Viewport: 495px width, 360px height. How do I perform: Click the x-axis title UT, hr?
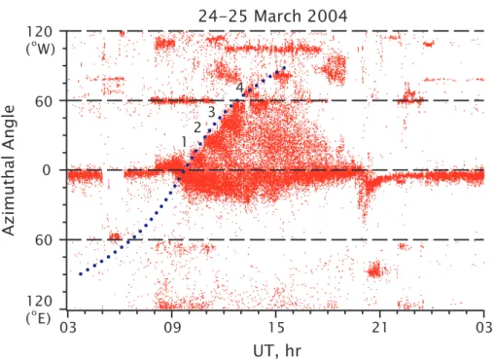click(x=277, y=350)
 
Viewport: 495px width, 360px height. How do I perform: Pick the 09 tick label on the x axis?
click(x=172, y=327)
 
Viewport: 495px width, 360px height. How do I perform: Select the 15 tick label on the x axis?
click(x=276, y=327)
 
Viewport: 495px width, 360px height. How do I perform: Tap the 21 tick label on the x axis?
click(x=379, y=327)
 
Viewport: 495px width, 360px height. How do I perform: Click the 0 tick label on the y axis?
click(x=48, y=170)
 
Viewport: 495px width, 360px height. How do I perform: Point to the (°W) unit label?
click(x=41, y=49)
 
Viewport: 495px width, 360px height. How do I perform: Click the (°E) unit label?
click(x=39, y=318)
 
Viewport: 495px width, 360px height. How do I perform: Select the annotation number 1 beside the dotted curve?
click(x=184, y=142)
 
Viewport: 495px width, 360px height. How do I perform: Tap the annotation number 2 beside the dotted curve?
click(x=197, y=127)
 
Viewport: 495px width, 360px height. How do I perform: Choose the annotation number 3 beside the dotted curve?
click(x=211, y=112)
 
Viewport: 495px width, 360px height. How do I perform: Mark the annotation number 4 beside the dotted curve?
click(x=239, y=88)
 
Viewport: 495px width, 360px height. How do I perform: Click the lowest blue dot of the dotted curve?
click(x=81, y=274)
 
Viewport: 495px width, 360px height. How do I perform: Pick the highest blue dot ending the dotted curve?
click(x=284, y=68)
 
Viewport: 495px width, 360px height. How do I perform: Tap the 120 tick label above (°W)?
click(x=39, y=32)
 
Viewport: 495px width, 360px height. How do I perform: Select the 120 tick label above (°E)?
click(x=39, y=302)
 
